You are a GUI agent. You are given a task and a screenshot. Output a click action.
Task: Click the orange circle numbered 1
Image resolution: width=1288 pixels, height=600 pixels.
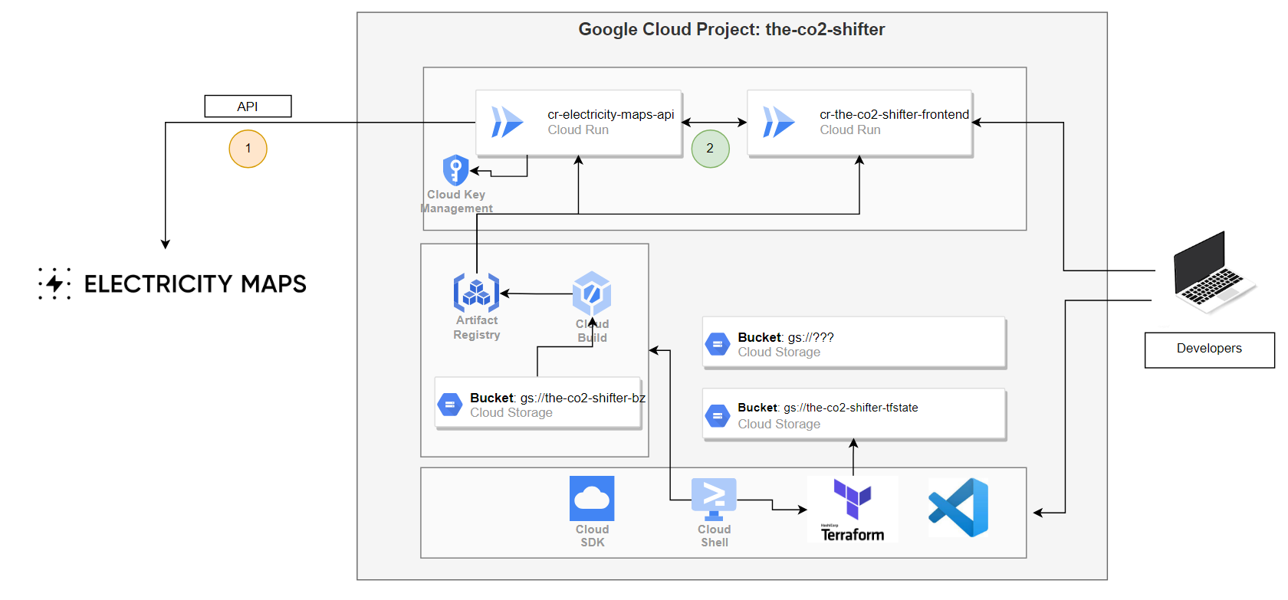248,149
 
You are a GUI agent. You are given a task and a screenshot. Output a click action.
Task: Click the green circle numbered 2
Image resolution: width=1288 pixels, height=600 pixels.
710,149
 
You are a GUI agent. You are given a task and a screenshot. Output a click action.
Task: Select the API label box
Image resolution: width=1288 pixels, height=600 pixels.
248,107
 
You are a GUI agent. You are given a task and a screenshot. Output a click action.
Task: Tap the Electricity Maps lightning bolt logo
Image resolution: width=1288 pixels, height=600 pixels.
54,284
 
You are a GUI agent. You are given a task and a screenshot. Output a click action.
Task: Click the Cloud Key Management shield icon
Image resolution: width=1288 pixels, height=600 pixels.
455,170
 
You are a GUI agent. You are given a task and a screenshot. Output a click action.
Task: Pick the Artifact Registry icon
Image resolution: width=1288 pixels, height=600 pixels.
476,292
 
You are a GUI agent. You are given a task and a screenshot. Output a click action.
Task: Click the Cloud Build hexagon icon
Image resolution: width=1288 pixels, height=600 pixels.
592,293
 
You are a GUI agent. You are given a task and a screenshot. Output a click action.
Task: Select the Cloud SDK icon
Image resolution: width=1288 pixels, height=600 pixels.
592,499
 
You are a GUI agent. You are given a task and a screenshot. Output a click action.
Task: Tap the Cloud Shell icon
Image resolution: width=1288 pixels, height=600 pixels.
714,498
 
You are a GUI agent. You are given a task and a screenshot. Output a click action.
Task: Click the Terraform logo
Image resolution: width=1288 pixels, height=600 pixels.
853,509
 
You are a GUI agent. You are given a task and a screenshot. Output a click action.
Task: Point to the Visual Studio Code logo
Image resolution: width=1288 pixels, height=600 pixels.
958,507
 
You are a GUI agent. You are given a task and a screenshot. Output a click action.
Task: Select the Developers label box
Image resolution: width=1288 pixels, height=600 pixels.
1209,349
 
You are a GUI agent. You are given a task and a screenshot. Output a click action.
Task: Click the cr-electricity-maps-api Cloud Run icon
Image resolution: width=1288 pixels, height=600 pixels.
507,122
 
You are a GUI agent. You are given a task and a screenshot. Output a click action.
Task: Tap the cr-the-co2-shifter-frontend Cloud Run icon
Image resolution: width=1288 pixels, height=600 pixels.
778,122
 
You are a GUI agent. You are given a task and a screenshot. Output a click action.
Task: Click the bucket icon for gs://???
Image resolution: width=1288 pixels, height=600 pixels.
717,345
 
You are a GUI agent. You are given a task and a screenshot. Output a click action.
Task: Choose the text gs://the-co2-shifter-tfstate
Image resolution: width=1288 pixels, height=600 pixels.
850,408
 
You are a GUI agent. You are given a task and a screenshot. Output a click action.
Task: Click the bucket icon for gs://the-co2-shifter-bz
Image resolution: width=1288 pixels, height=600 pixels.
449,405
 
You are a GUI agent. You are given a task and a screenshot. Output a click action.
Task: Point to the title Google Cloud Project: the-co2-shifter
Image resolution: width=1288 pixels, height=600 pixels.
731,30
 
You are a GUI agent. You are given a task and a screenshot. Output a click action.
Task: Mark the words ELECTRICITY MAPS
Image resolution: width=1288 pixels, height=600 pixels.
195,284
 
